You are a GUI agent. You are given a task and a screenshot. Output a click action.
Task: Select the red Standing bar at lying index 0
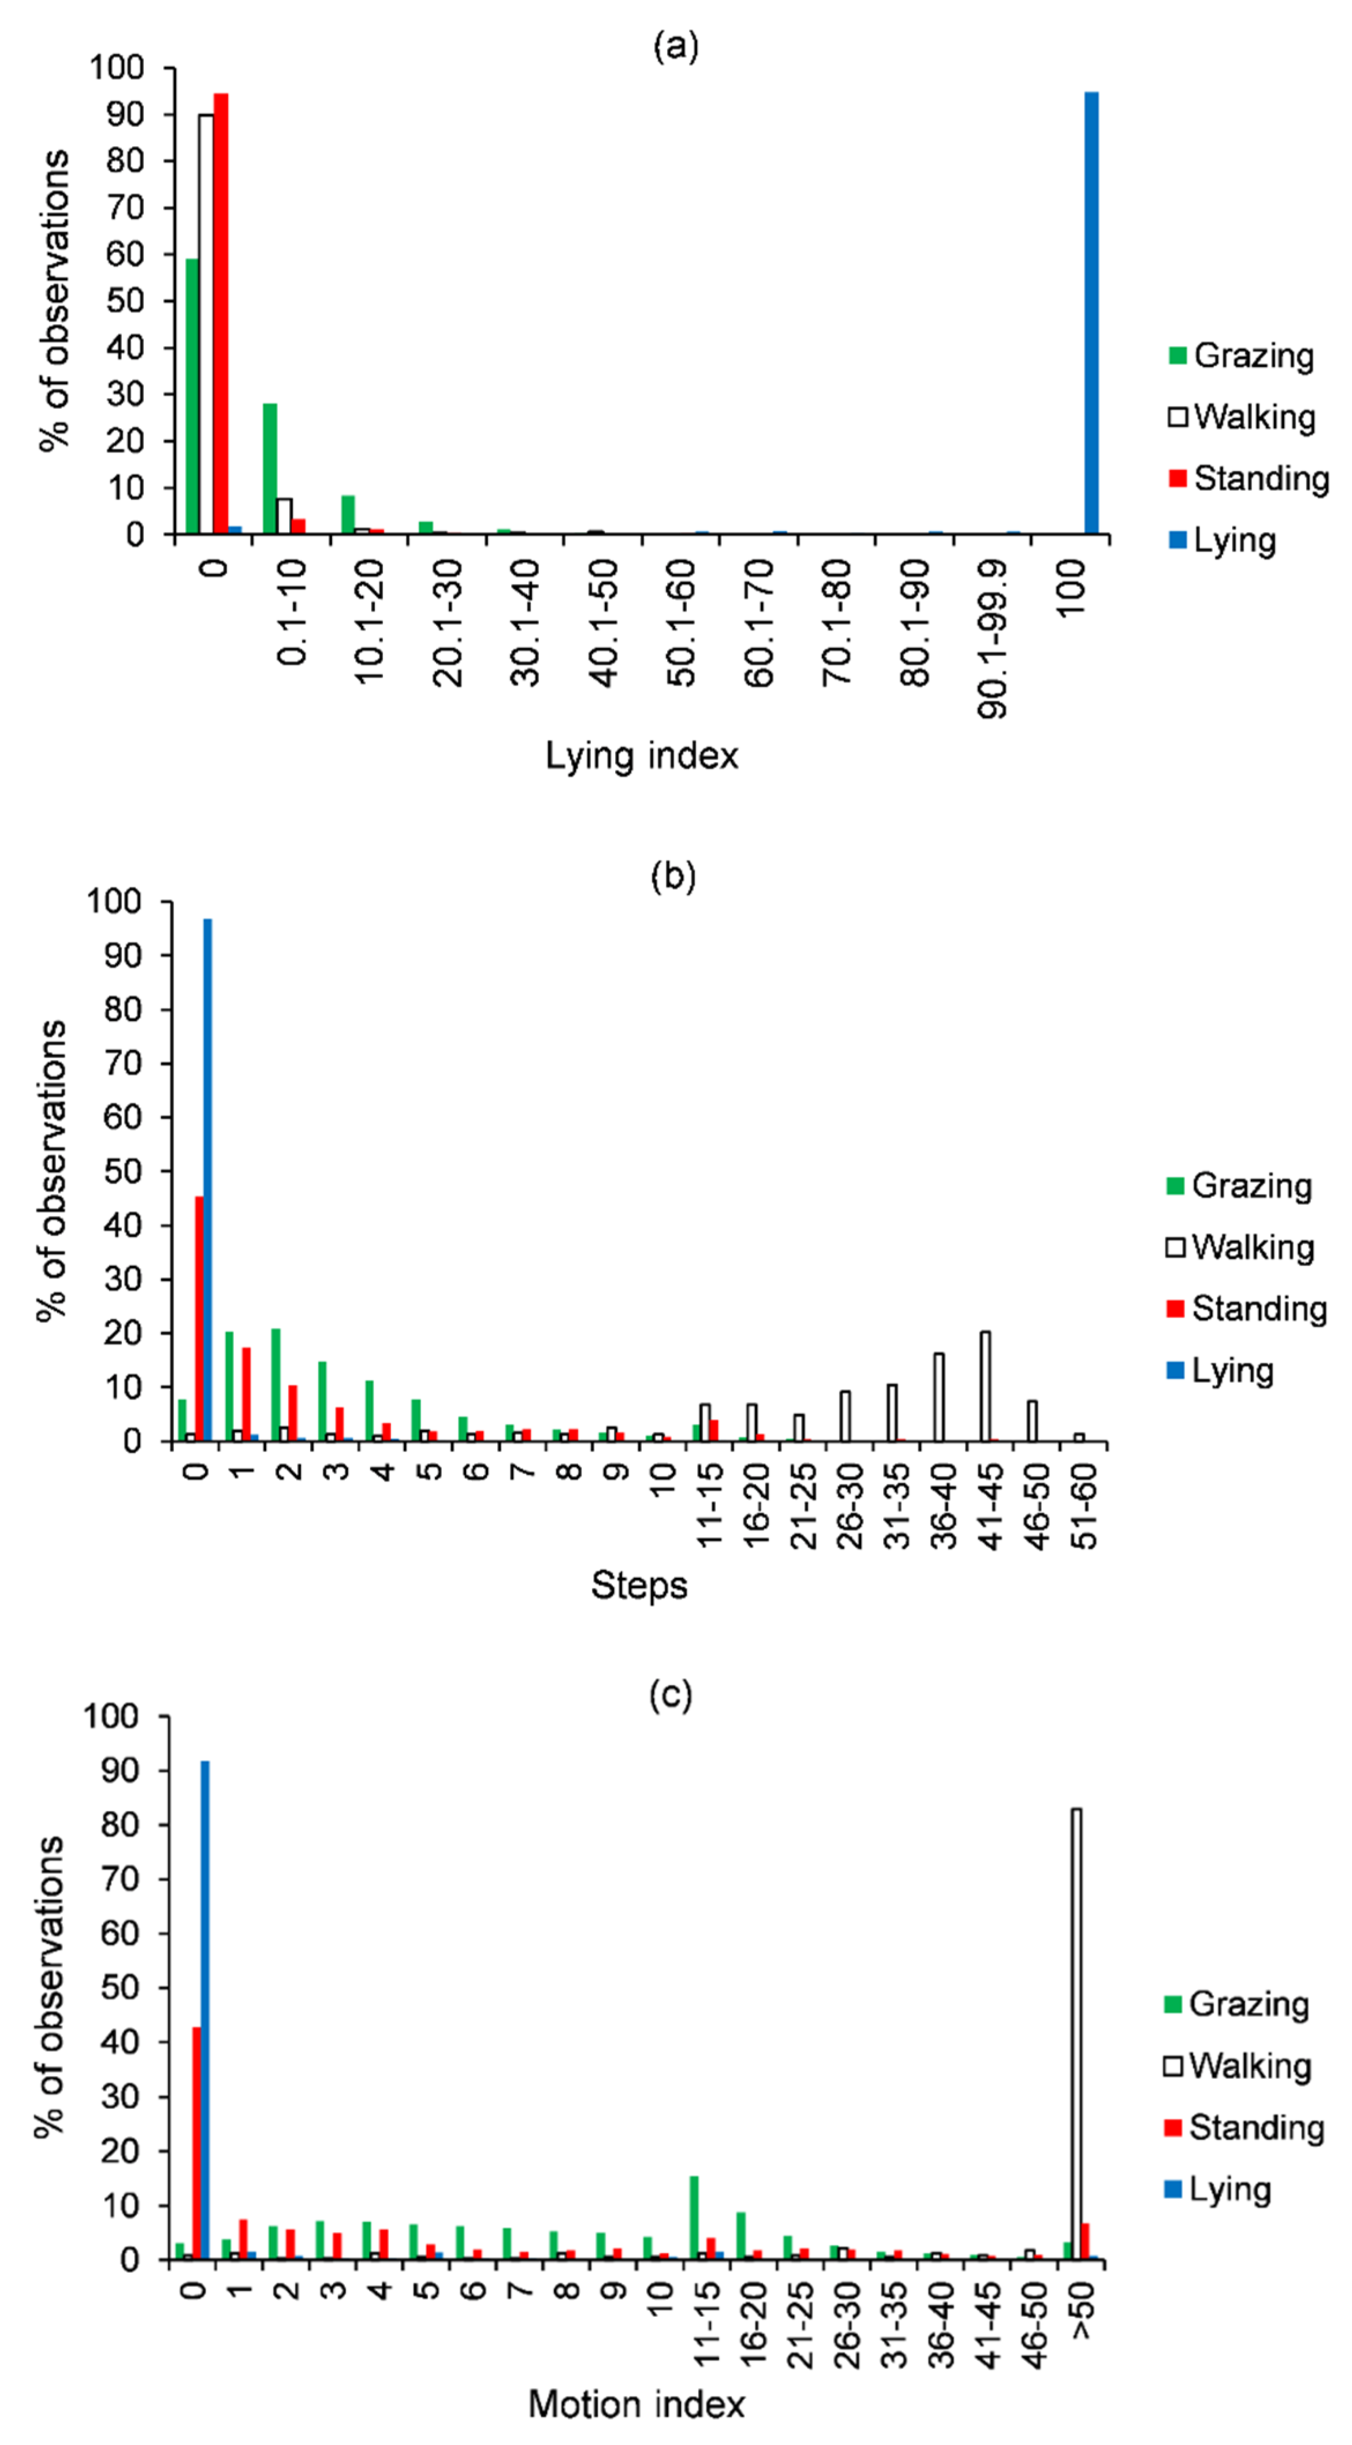click(x=221, y=313)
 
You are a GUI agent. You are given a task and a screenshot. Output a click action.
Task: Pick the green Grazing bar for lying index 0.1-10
click(x=270, y=469)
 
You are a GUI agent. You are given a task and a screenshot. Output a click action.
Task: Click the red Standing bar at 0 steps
click(x=199, y=1319)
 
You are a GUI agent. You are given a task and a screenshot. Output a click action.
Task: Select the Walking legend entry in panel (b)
click(x=1241, y=1247)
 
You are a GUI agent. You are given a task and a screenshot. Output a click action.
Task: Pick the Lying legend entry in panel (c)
click(x=1218, y=2189)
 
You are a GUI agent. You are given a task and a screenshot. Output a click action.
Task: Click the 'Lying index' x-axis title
click(x=642, y=756)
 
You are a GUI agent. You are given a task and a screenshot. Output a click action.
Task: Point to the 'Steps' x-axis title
click(x=639, y=1585)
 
